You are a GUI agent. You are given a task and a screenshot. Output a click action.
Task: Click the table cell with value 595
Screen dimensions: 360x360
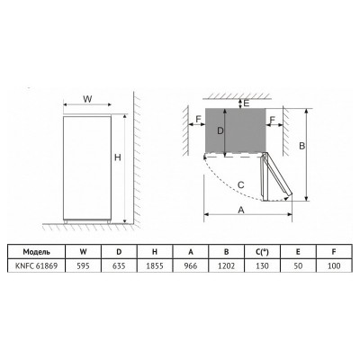(x=84, y=265)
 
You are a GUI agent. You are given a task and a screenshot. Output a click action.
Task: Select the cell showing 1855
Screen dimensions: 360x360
(x=155, y=265)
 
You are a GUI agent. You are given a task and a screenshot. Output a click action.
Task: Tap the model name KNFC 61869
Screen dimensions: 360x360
(x=36, y=265)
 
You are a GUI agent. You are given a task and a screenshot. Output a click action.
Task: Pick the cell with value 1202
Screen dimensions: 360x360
(x=227, y=265)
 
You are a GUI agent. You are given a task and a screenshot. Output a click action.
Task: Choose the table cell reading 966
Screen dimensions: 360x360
(x=191, y=265)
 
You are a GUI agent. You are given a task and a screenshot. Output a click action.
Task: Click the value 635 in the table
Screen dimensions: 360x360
(x=119, y=265)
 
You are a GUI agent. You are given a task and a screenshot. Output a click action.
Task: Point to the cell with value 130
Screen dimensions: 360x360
(x=262, y=265)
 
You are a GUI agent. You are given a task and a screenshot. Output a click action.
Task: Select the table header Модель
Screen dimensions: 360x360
(x=36, y=252)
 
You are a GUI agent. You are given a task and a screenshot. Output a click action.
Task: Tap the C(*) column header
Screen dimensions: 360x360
(x=262, y=252)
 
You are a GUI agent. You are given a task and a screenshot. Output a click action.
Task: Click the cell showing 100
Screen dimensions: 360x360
(x=334, y=265)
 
